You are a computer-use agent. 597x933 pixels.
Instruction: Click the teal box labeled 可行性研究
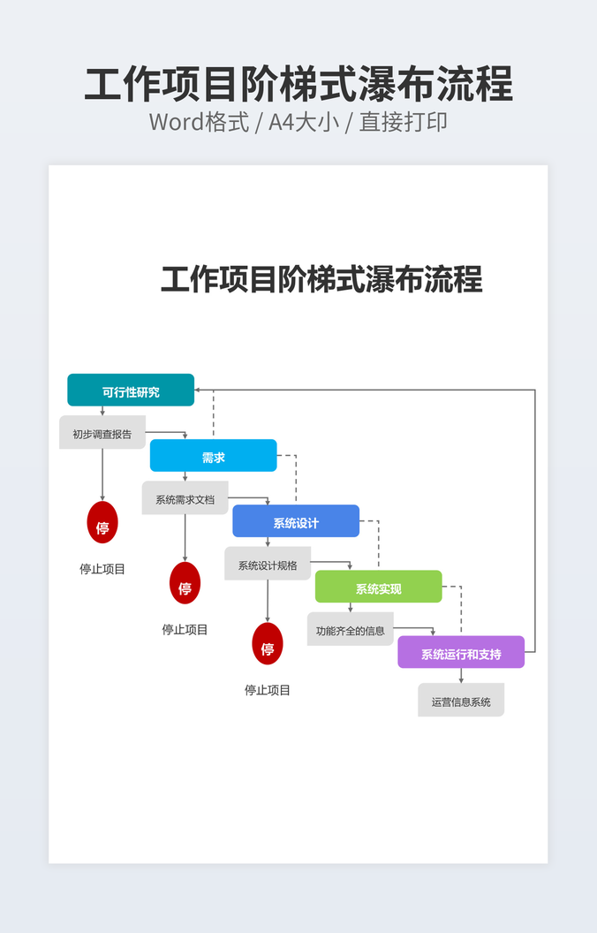pyautogui.click(x=131, y=391)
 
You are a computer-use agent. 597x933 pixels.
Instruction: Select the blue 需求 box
pyautogui.click(x=213, y=456)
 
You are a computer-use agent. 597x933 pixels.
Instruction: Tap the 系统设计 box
pyautogui.click(x=296, y=521)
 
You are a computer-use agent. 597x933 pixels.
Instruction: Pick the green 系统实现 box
pyautogui.click(x=378, y=587)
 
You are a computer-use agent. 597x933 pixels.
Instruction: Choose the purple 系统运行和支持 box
pyautogui.click(x=461, y=652)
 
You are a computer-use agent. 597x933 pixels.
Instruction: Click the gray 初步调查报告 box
pyautogui.click(x=102, y=433)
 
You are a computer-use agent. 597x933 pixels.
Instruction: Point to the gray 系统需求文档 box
pyautogui.click(x=185, y=498)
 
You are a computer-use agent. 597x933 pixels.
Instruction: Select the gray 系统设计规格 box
pyautogui.click(x=268, y=564)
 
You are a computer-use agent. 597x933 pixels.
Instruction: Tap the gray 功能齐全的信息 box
pyautogui.click(x=351, y=629)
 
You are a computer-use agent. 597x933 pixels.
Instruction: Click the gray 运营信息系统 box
pyautogui.click(x=461, y=701)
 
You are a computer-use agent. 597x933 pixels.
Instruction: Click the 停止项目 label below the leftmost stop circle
pyautogui.click(x=102, y=569)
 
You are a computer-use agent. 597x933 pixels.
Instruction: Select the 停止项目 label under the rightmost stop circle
pyautogui.click(x=268, y=690)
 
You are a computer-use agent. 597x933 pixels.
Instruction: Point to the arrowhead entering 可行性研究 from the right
pyautogui.click(x=199, y=390)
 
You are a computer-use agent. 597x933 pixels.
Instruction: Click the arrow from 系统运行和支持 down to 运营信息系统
pyautogui.click(x=461, y=676)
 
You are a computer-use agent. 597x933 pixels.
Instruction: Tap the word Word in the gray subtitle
pyautogui.click(x=177, y=122)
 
